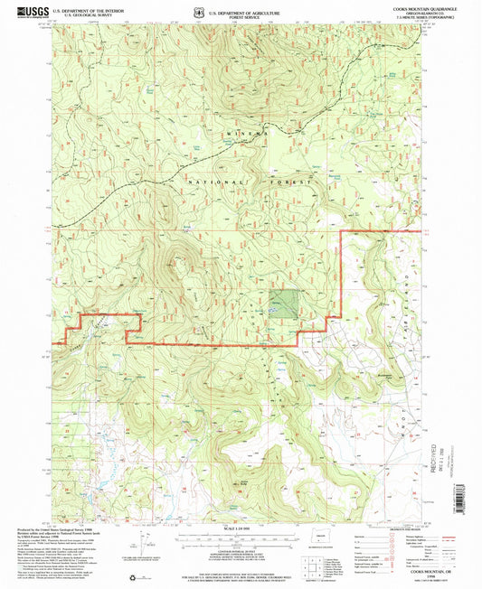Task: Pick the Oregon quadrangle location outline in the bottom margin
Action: (318, 545)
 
